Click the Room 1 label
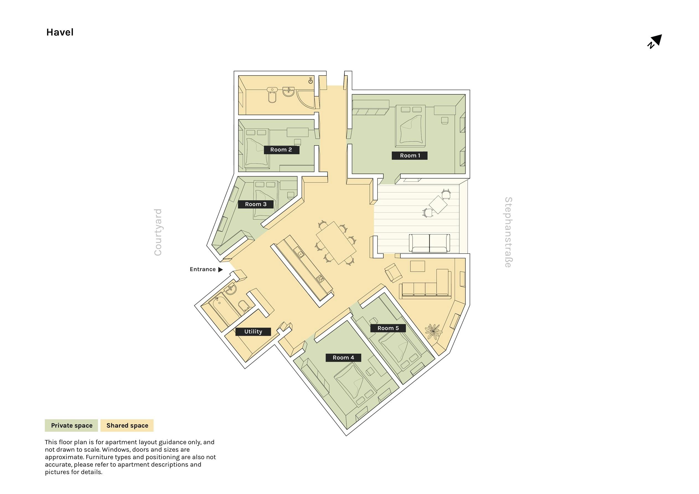tap(410, 156)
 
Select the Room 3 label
tap(256, 204)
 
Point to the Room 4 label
tap(343, 358)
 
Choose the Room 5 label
tap(388, 328)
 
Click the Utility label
tap(253, 332)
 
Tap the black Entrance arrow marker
tap(221, 270)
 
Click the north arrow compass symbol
tap(654, 42)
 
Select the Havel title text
tap(60, 32)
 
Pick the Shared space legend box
tap(127, 425)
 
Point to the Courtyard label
tap(158, 232)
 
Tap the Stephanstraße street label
tap(508, 232)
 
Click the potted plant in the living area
tap(434, 331)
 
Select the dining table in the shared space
tap(336, 243)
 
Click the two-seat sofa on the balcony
tap(429, 243)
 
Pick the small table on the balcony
tap(438, 205)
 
